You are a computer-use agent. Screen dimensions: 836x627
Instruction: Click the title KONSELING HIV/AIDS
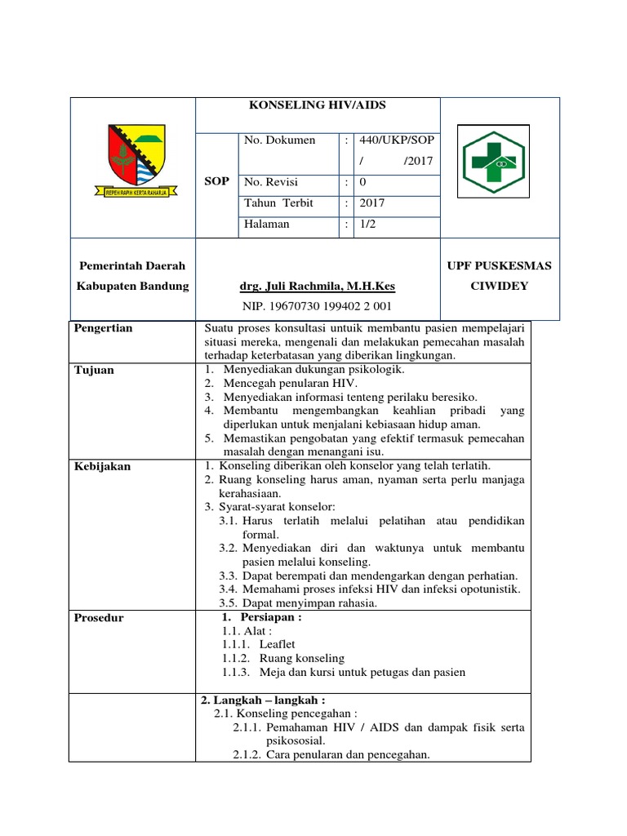(318, 106)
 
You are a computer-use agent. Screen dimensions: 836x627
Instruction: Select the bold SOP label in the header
(216, 180)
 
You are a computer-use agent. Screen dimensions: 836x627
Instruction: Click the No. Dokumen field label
(279, 140)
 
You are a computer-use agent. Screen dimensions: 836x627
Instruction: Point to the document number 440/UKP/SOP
(395, 140)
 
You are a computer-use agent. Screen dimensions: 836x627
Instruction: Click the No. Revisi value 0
(362, 182)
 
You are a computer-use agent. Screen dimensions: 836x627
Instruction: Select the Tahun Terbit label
(278, 203)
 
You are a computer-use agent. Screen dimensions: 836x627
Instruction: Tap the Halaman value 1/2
(368, 225)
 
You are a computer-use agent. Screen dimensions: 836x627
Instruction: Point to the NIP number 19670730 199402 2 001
(317, 306)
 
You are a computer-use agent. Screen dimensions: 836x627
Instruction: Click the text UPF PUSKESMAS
(500, 266)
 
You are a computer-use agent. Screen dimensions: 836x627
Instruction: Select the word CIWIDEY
(500, 286)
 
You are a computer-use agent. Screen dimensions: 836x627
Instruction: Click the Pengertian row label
(104, 328)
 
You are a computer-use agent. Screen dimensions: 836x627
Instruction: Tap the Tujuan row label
(95, 370)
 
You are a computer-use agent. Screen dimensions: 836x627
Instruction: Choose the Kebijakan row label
(102, 466)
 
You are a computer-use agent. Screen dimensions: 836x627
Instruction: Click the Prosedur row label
(99, 618)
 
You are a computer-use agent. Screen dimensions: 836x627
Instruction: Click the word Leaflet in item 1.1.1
(277, 644)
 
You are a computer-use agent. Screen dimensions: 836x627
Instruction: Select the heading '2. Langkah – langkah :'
(263, 700)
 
